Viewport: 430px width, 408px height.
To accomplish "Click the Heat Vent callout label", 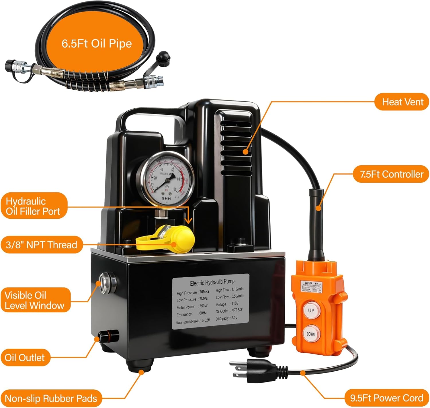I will (402, 102).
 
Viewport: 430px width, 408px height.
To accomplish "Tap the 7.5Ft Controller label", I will (391, 174).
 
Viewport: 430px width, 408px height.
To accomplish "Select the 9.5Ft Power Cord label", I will (386, 398).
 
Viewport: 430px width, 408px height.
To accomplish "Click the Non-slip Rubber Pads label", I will (51, 399).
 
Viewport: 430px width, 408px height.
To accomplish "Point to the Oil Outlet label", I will (25, 358).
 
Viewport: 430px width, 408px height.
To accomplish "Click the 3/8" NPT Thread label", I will (42, 245).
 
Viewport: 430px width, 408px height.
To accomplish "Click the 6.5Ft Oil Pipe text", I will (97, 44).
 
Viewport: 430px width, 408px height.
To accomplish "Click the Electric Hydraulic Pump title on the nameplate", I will (212, 283).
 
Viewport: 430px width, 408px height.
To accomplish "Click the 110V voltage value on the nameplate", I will (235, 303).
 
